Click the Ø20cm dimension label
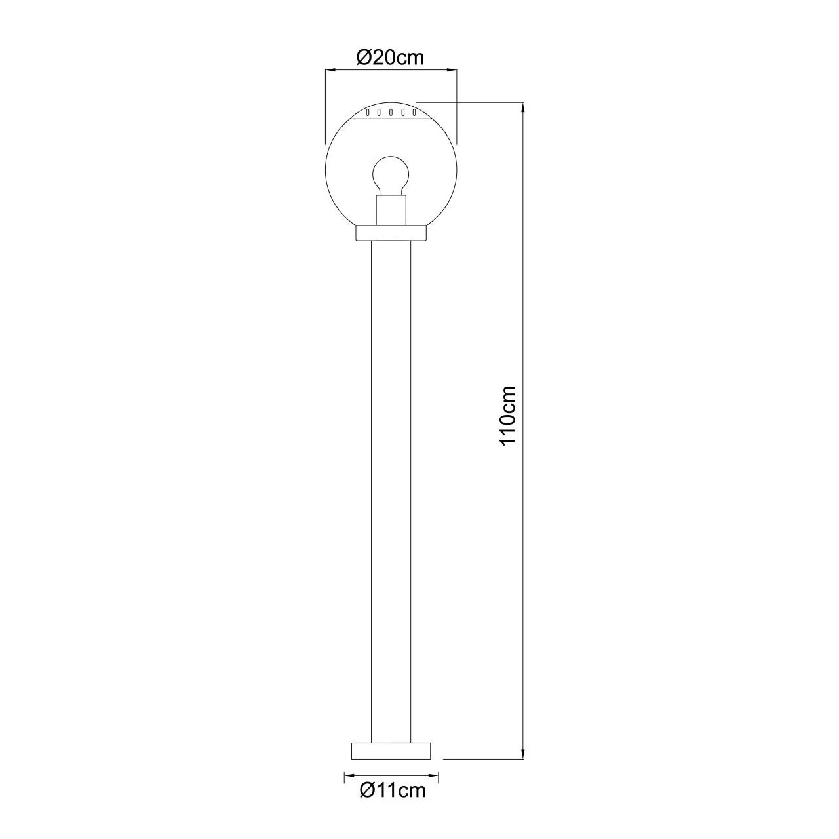[x=389, y=58]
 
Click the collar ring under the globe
[x=391, y=233]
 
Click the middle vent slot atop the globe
[x=391, y=113]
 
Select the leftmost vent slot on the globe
[x=368, y=113]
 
